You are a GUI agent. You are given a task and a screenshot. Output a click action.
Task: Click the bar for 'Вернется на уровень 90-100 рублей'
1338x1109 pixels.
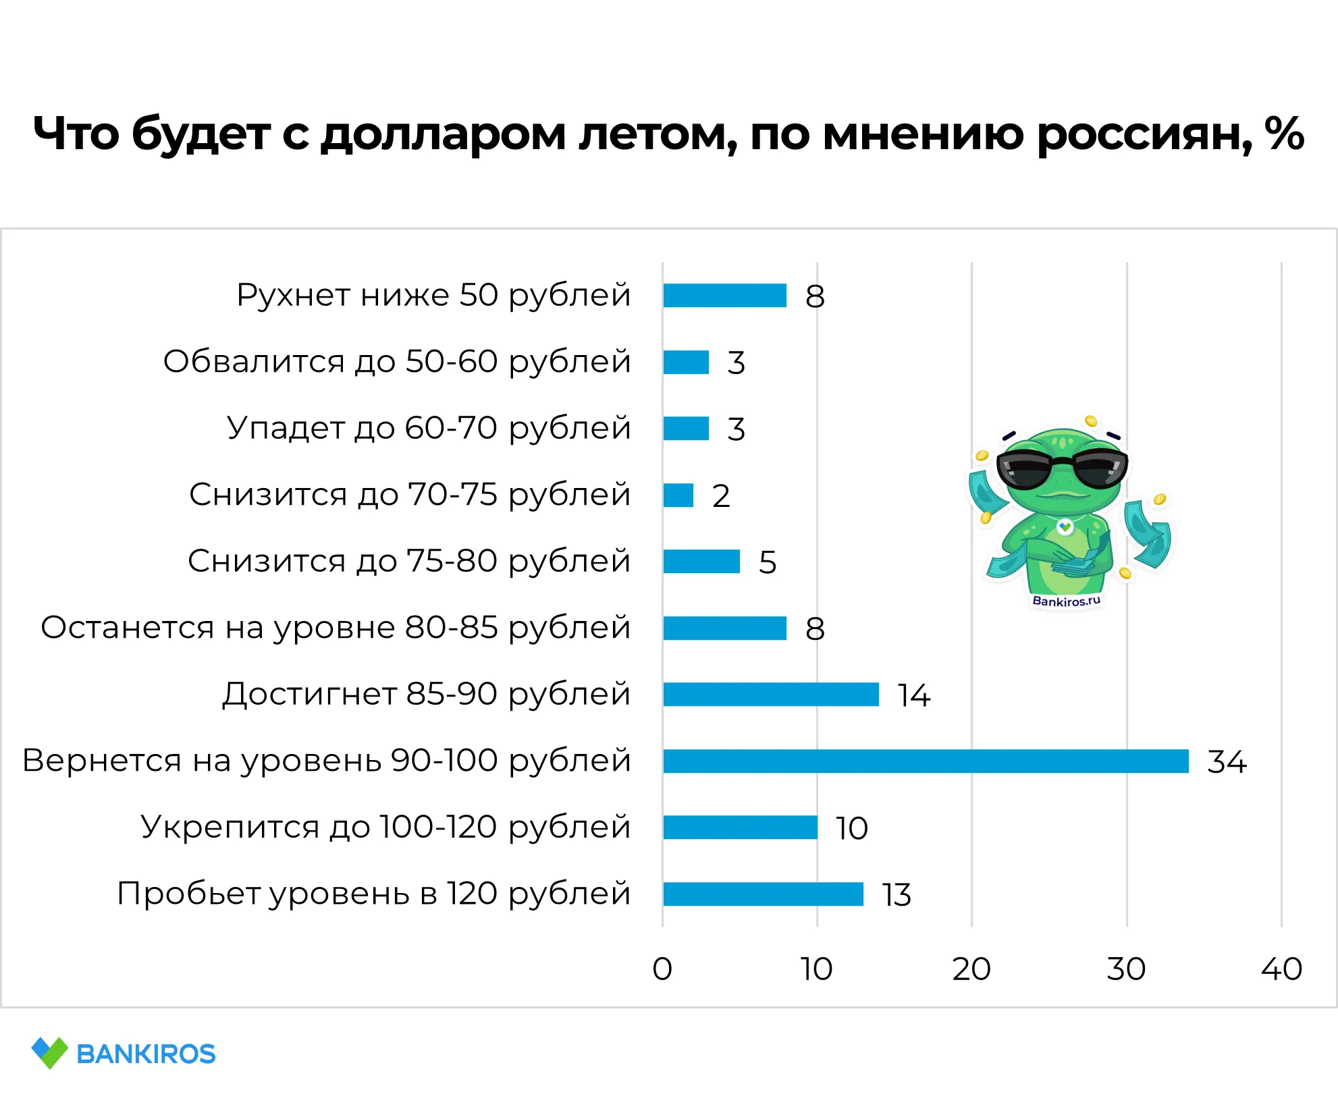pos(925,761)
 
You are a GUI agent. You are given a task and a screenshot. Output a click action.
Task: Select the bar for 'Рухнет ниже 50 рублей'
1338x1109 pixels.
pos(724,295)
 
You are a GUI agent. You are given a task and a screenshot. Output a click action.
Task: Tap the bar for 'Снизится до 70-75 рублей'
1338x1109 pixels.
pos(678,495)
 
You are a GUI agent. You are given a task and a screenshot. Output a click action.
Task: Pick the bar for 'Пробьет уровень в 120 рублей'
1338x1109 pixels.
pos(763,894)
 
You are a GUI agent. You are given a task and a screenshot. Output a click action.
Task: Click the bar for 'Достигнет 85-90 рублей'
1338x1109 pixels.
pos(770,694)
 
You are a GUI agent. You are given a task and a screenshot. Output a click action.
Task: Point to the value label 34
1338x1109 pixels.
pos(1227,762)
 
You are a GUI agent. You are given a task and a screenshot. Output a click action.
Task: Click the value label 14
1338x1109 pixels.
pos(913,695)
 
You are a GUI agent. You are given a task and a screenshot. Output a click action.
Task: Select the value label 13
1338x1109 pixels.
pos(897,895)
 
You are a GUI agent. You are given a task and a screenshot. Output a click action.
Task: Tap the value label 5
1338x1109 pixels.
pos(768,562)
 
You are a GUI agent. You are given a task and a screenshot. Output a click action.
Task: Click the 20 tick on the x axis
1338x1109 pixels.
pos(971,969)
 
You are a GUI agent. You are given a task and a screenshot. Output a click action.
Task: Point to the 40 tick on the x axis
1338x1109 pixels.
pos(1281,969)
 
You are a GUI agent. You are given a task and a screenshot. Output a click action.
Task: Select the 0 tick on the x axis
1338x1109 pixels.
pos(662,969)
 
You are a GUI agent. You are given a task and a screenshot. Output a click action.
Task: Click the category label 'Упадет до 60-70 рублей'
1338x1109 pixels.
pos(429,428)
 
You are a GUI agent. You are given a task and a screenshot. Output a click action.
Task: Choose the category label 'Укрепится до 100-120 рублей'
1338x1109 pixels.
pos(385,827)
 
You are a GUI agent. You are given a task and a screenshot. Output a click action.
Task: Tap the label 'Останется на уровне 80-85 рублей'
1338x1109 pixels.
pos(336,628)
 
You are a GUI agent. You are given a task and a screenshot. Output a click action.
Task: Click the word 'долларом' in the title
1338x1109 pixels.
pos(443,134)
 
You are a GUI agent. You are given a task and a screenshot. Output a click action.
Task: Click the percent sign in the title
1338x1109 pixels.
pos(1284,133)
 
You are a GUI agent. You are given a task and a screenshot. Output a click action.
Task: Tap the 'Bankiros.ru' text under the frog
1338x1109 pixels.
pos(1066,601)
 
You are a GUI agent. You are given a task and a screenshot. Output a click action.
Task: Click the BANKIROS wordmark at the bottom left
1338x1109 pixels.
pos(146,1054)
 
